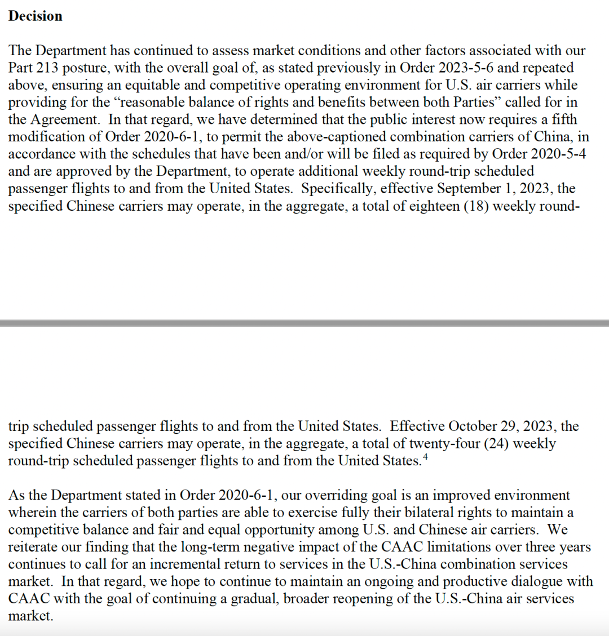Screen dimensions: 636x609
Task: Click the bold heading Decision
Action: tap(35, 16)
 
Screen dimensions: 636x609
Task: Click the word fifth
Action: tap(563, 120)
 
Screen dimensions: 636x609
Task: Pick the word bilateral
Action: tap(413, 513)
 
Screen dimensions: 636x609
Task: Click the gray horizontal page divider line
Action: tap(304, 323)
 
